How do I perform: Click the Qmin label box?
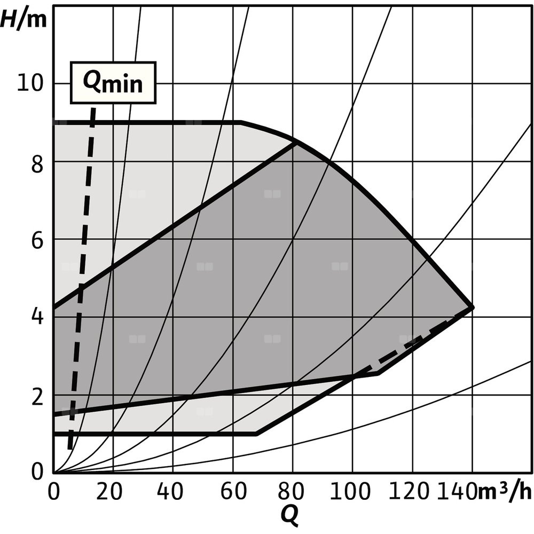(x=113, y=83)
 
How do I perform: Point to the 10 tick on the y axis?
(x=31, y=84)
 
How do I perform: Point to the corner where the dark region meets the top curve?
(x=295, y=142)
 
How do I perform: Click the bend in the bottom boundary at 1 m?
(x=256, y=434)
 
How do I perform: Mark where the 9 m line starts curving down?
(x=240, y=123)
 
